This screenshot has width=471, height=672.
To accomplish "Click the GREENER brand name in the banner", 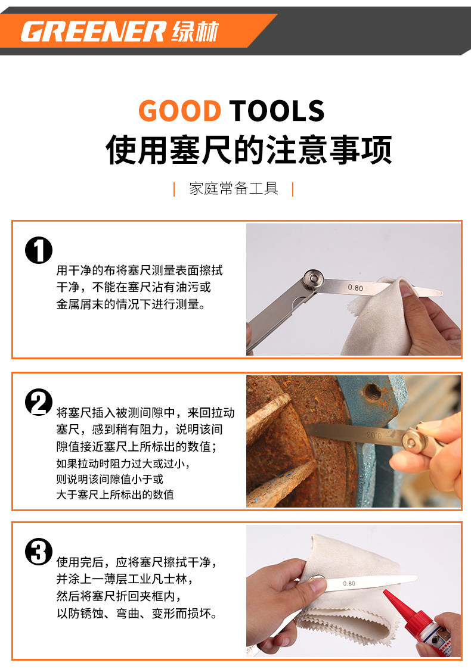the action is click(93, 32).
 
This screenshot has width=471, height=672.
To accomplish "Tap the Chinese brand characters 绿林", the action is click(195, 32).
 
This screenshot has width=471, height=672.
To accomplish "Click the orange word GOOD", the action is click(179, 111).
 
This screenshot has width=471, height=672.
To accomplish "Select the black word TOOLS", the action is click(277, 111).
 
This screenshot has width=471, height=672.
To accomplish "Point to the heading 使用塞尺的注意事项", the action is click(249, 150).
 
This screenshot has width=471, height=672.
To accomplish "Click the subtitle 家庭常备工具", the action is click(234, 188).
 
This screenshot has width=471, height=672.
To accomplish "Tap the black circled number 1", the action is click(39, 250).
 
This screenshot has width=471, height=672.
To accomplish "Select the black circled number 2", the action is click(39, 402).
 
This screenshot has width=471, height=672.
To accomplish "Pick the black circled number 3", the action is click(39, 552).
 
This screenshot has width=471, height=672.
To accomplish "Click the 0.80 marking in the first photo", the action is click(355, 288).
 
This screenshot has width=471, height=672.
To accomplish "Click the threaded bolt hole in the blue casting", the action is click(372, 392).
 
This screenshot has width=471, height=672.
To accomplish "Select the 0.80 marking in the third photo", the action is click(349, 583).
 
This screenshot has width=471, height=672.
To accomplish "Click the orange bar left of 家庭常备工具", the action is click(174, 189).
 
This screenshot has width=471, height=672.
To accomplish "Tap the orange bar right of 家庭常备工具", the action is click(293, 189).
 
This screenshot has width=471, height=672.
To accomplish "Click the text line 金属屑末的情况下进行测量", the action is click(131, 304).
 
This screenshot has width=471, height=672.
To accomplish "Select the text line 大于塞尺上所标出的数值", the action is click(115, 494).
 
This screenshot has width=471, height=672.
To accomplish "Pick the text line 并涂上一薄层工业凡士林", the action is click(125, 579).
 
